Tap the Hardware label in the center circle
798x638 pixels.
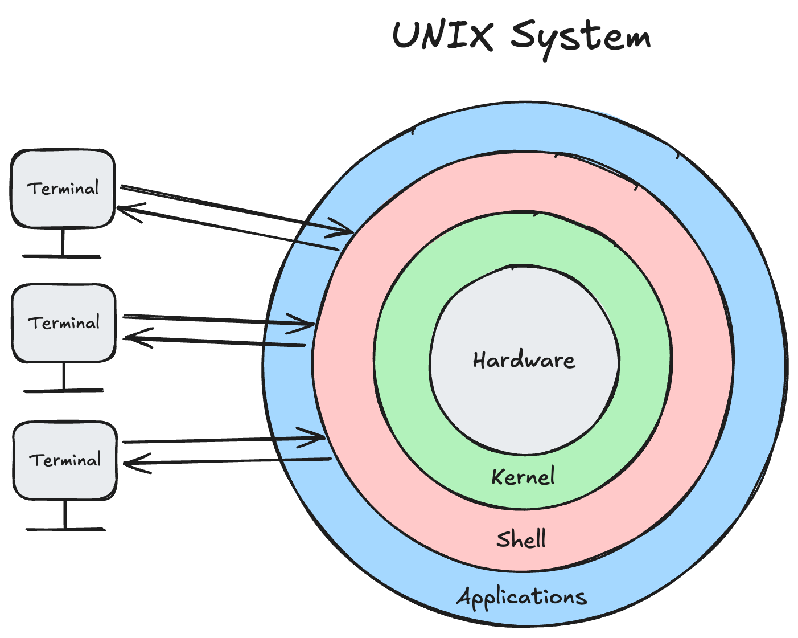click(524, 361)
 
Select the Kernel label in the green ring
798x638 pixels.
click(523, 477)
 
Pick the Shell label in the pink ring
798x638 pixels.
click(521, 539)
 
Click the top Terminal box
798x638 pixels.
click(63, 189)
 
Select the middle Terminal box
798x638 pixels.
click(64, 323)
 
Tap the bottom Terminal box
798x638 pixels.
click(65, 460)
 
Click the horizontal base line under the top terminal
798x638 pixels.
click(61, 257)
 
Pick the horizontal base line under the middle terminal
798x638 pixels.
click(64, 391)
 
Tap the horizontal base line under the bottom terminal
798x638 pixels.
click(65, 530)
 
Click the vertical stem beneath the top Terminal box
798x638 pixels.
click(62, 242)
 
